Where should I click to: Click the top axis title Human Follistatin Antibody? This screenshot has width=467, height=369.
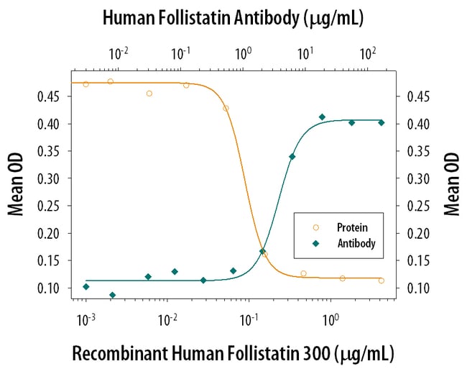[233, 17]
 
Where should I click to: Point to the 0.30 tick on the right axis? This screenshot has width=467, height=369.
[417, 178]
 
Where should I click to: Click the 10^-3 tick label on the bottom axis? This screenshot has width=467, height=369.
[85, 319]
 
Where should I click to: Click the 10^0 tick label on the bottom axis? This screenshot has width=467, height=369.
[330, 319]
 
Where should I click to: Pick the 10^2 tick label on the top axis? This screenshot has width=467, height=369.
[368, 53]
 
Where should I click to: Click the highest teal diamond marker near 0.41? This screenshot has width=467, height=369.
[322, 117]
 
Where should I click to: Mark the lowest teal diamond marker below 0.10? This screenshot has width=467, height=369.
[112, 295]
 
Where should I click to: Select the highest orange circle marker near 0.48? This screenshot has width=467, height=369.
[110, 81]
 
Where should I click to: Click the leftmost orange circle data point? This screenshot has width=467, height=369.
[85, 84]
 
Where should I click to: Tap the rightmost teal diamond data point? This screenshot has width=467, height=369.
[382, 123]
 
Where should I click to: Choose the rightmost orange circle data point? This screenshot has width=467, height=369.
[382, 281]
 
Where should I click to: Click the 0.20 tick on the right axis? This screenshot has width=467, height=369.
[417, 233]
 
